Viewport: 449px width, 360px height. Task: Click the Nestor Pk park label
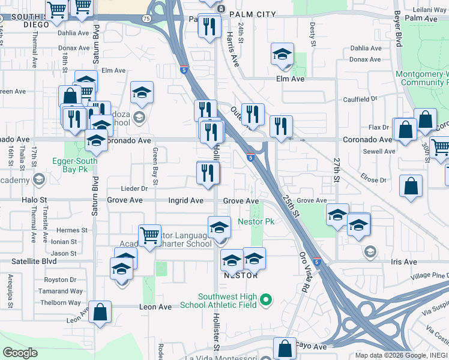(x=256, y=221)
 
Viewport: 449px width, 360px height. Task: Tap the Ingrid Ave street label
(x=185, y=200)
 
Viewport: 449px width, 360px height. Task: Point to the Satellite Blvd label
(x=34, y=262)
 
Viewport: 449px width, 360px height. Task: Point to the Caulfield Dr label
(x=360, y=99)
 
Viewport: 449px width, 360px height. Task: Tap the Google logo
(x=20, y=353)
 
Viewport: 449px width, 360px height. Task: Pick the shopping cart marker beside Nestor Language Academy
(x=149, y=235)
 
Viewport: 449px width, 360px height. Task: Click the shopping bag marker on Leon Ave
(x=100, y=312)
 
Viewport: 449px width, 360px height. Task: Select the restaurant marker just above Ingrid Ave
(x=208, y=174)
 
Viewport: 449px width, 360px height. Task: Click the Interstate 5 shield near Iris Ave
(x=317, y=262)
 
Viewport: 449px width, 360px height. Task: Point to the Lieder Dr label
(x=134, y=188)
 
